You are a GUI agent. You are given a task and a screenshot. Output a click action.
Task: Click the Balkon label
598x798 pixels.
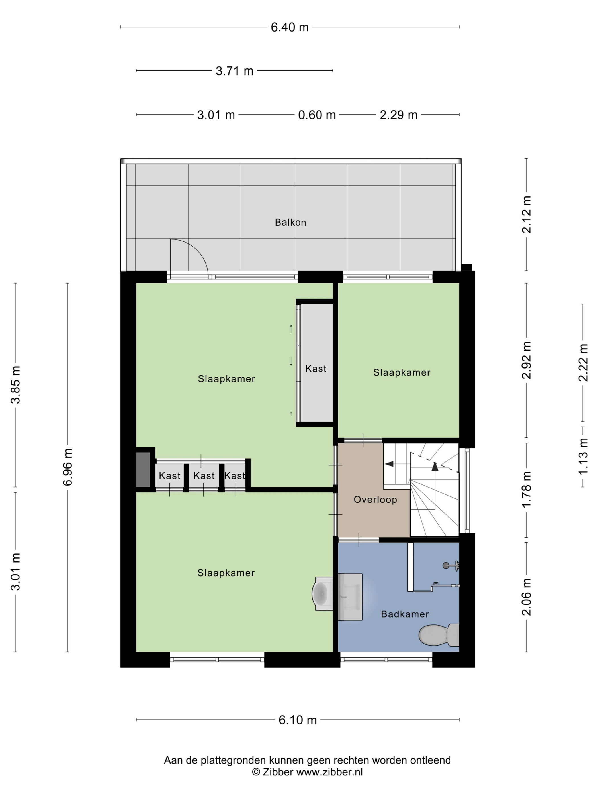click(290, 222)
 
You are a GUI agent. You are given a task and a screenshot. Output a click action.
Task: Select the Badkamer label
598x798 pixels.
click(405, 614)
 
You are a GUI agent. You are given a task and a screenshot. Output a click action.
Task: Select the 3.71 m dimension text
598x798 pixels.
click(234, 71)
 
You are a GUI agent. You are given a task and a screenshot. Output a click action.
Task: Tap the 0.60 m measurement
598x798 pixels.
click(317, 115)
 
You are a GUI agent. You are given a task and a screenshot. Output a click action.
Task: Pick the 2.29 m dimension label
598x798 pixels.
click(398, 115)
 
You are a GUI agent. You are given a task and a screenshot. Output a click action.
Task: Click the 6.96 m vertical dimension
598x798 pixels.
click(68, 467)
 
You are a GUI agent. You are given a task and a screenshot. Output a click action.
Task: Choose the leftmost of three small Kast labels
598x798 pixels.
click(169, 475)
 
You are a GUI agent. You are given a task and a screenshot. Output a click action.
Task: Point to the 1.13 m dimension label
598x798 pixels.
click(583, 457)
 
